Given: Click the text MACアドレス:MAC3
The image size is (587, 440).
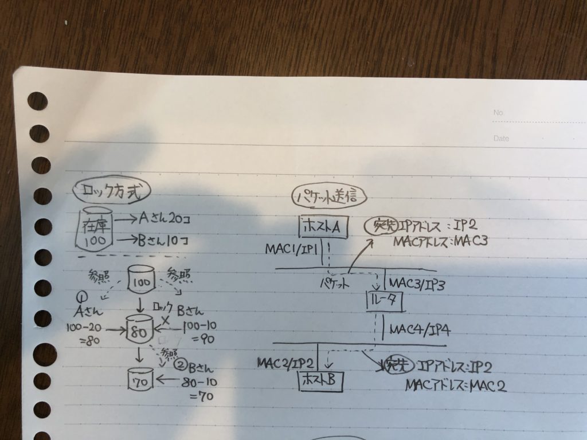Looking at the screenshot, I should click(x=440, y=241).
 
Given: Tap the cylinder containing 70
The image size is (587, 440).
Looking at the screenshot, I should click(x=141, y=380).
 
